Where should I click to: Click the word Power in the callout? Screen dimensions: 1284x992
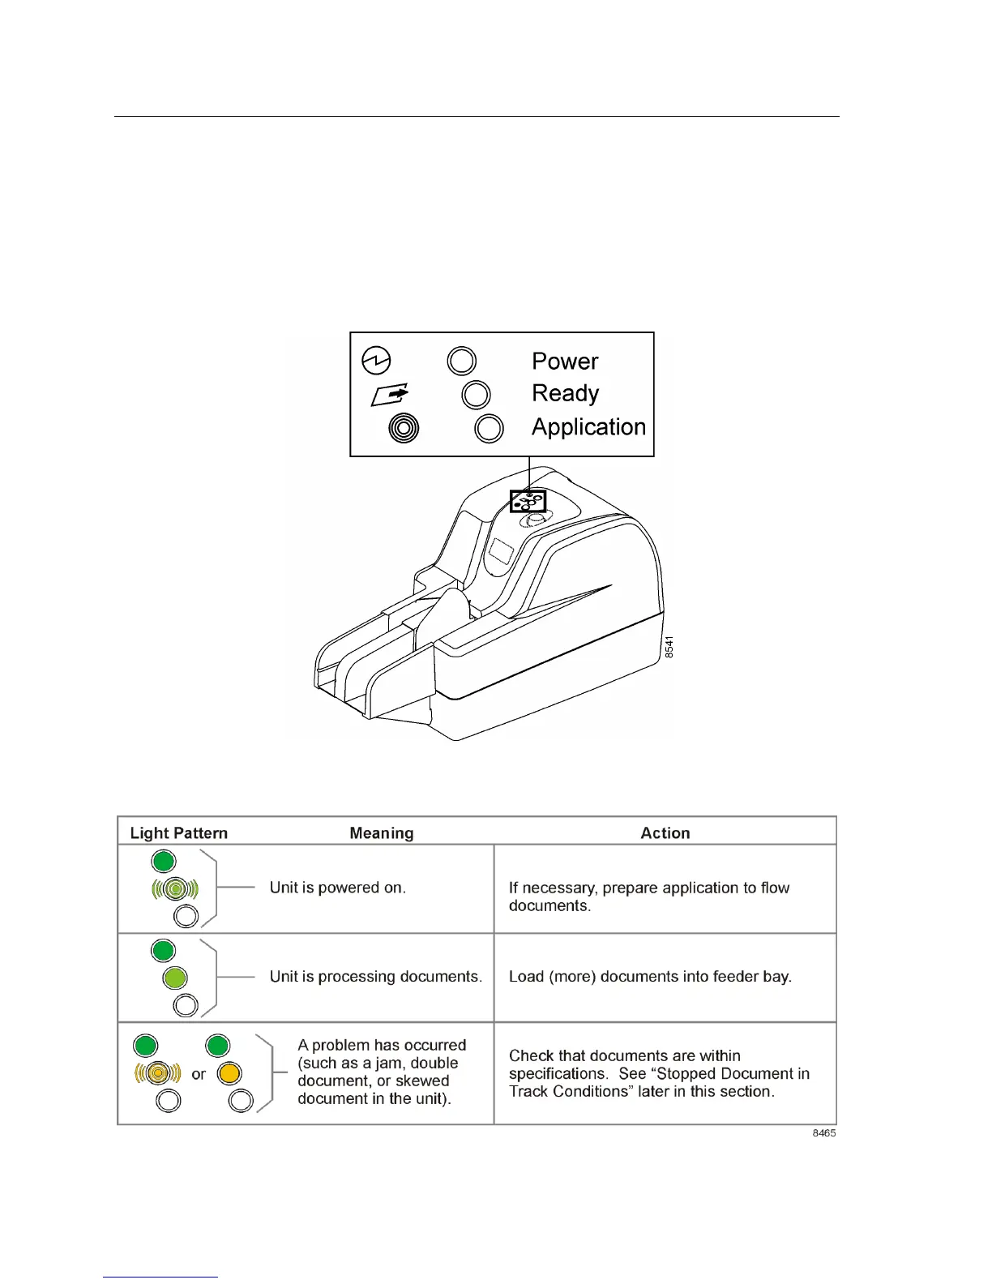(565, 362)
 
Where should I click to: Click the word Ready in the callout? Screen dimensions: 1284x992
(565, 394)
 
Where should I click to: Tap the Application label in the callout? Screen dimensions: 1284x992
(588, 427)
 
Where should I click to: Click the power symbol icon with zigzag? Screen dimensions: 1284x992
(376, 361)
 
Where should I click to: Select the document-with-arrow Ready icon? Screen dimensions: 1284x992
(390, 395)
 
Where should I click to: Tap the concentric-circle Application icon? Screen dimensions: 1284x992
(404, 427)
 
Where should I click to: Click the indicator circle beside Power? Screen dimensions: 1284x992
(462, 362)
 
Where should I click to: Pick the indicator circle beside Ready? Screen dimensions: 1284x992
(476, 395)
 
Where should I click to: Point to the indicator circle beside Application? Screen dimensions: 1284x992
(489, 428)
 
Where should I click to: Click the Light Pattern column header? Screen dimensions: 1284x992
(178, 832)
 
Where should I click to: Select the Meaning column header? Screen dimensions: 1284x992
(382, 832)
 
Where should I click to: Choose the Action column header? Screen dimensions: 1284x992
(665, 832)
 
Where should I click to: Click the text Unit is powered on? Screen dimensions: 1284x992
(338, 888)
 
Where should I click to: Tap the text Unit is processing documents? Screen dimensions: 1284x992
(376, 977)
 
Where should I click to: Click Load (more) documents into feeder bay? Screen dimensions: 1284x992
(650, 977)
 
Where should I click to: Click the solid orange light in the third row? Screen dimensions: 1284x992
(229, 1073)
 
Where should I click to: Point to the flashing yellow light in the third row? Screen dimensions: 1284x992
(157, 1073)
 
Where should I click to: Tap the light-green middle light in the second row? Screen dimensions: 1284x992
(175, 978)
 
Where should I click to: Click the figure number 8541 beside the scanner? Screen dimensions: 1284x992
(669, 647)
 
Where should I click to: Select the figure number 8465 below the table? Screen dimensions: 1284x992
(824, 1133)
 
